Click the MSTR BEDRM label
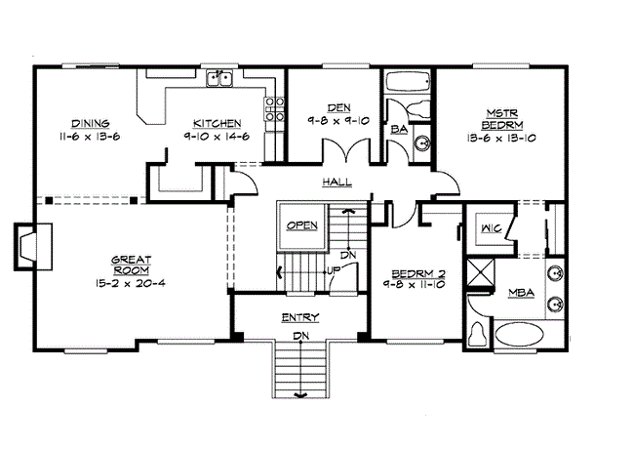point(503,119)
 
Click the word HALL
point(337,183)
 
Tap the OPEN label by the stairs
point(302,225)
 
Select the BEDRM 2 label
point(417,273)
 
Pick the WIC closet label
point(491,229)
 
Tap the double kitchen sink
point(224,81)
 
